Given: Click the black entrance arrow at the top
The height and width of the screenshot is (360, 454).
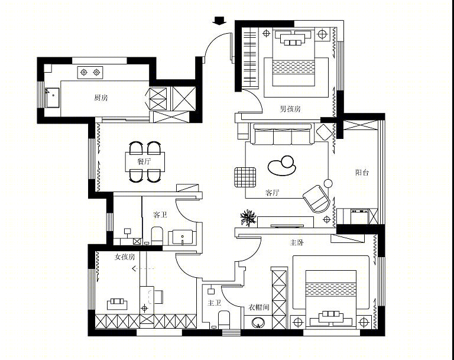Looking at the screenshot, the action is tap(219, 21).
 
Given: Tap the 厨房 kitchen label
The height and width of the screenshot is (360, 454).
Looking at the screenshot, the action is tap(101, 98).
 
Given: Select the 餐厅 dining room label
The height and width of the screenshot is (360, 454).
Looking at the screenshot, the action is tap(144, 161).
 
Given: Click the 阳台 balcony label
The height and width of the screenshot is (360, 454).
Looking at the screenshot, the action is tap(362, 173).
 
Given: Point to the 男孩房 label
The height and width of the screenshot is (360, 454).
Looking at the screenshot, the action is tap(290, 109).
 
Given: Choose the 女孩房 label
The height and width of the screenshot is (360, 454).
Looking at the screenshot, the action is tap(125, 257).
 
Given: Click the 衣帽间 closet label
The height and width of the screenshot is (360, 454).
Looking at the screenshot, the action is tap(259, 307).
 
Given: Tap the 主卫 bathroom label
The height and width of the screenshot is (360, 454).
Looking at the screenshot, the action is tap(214, 303).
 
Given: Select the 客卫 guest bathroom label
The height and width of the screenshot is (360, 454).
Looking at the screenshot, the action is tap(160, 215).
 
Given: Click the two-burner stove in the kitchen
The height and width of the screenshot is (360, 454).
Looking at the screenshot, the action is tap(90, 72).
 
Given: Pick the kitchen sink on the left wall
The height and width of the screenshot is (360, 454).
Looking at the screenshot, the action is tap(52, 98).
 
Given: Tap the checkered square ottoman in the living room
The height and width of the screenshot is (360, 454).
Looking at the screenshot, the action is tap(245, 177).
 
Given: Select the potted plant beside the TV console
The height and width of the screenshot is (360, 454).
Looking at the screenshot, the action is tap(248, 218).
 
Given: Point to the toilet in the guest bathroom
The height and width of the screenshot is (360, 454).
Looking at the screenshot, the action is tap(157, 235).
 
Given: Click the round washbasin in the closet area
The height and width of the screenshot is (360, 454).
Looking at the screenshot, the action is tap(258, 323).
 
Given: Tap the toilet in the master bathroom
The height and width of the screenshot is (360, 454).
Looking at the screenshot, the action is tap(224, 319).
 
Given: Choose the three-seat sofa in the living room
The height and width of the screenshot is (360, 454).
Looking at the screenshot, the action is tap(283, 134).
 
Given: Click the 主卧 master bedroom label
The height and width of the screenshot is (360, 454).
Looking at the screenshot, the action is tap(297, 242).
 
